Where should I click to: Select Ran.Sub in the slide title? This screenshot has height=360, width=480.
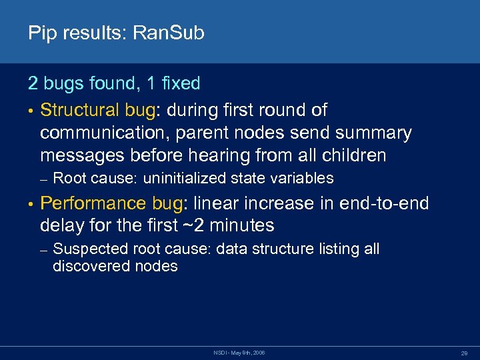(169, 33)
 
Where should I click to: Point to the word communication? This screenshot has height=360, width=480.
(102, 133)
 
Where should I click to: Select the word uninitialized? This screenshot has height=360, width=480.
(185, 178)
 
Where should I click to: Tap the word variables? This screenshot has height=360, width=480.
(301, 178)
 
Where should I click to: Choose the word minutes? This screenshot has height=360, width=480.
(241, 225)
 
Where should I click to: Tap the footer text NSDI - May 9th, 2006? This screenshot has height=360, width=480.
(239, 351)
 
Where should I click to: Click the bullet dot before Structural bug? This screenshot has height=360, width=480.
(31, 110)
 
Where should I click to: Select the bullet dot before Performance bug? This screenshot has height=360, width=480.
(31, 203)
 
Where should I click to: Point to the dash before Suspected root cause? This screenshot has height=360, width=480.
(43, 250)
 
